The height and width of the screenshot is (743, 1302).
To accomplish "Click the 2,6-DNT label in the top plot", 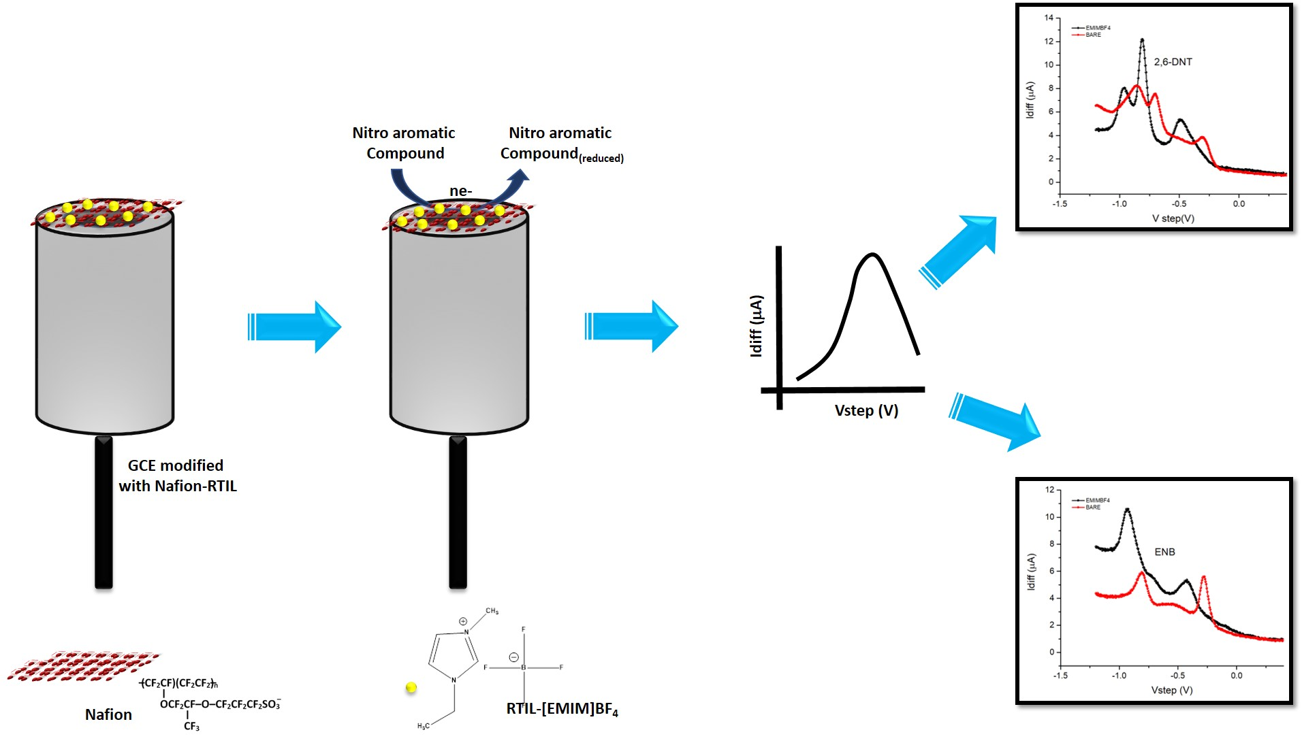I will coord(1173,62).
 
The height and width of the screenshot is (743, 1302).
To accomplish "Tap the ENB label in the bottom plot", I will coord(1164,552).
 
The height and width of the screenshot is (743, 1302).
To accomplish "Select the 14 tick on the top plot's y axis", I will coord(1049,18).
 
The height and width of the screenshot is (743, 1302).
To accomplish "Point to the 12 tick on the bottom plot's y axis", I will coord(1049,490).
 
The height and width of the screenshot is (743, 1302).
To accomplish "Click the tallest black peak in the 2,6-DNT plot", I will coord(1142,41).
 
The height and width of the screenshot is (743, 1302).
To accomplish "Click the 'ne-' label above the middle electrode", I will coord(460,191).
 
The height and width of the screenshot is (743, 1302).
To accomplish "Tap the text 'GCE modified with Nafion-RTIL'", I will coord(177,476).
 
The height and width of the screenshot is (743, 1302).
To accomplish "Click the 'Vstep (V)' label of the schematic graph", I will coord(866,410).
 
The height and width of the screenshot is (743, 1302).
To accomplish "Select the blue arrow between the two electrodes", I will coord(294,327).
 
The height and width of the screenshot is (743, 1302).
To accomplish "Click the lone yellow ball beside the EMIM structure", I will coord(411,688).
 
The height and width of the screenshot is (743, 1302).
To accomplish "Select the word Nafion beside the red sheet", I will coord(108,714).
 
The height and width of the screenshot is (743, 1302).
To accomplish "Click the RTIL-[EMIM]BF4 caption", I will coord(562,709).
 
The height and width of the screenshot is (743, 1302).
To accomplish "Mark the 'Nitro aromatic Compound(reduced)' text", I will coord(561,144).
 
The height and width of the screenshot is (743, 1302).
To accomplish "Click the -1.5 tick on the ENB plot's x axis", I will coord(1060,676).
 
